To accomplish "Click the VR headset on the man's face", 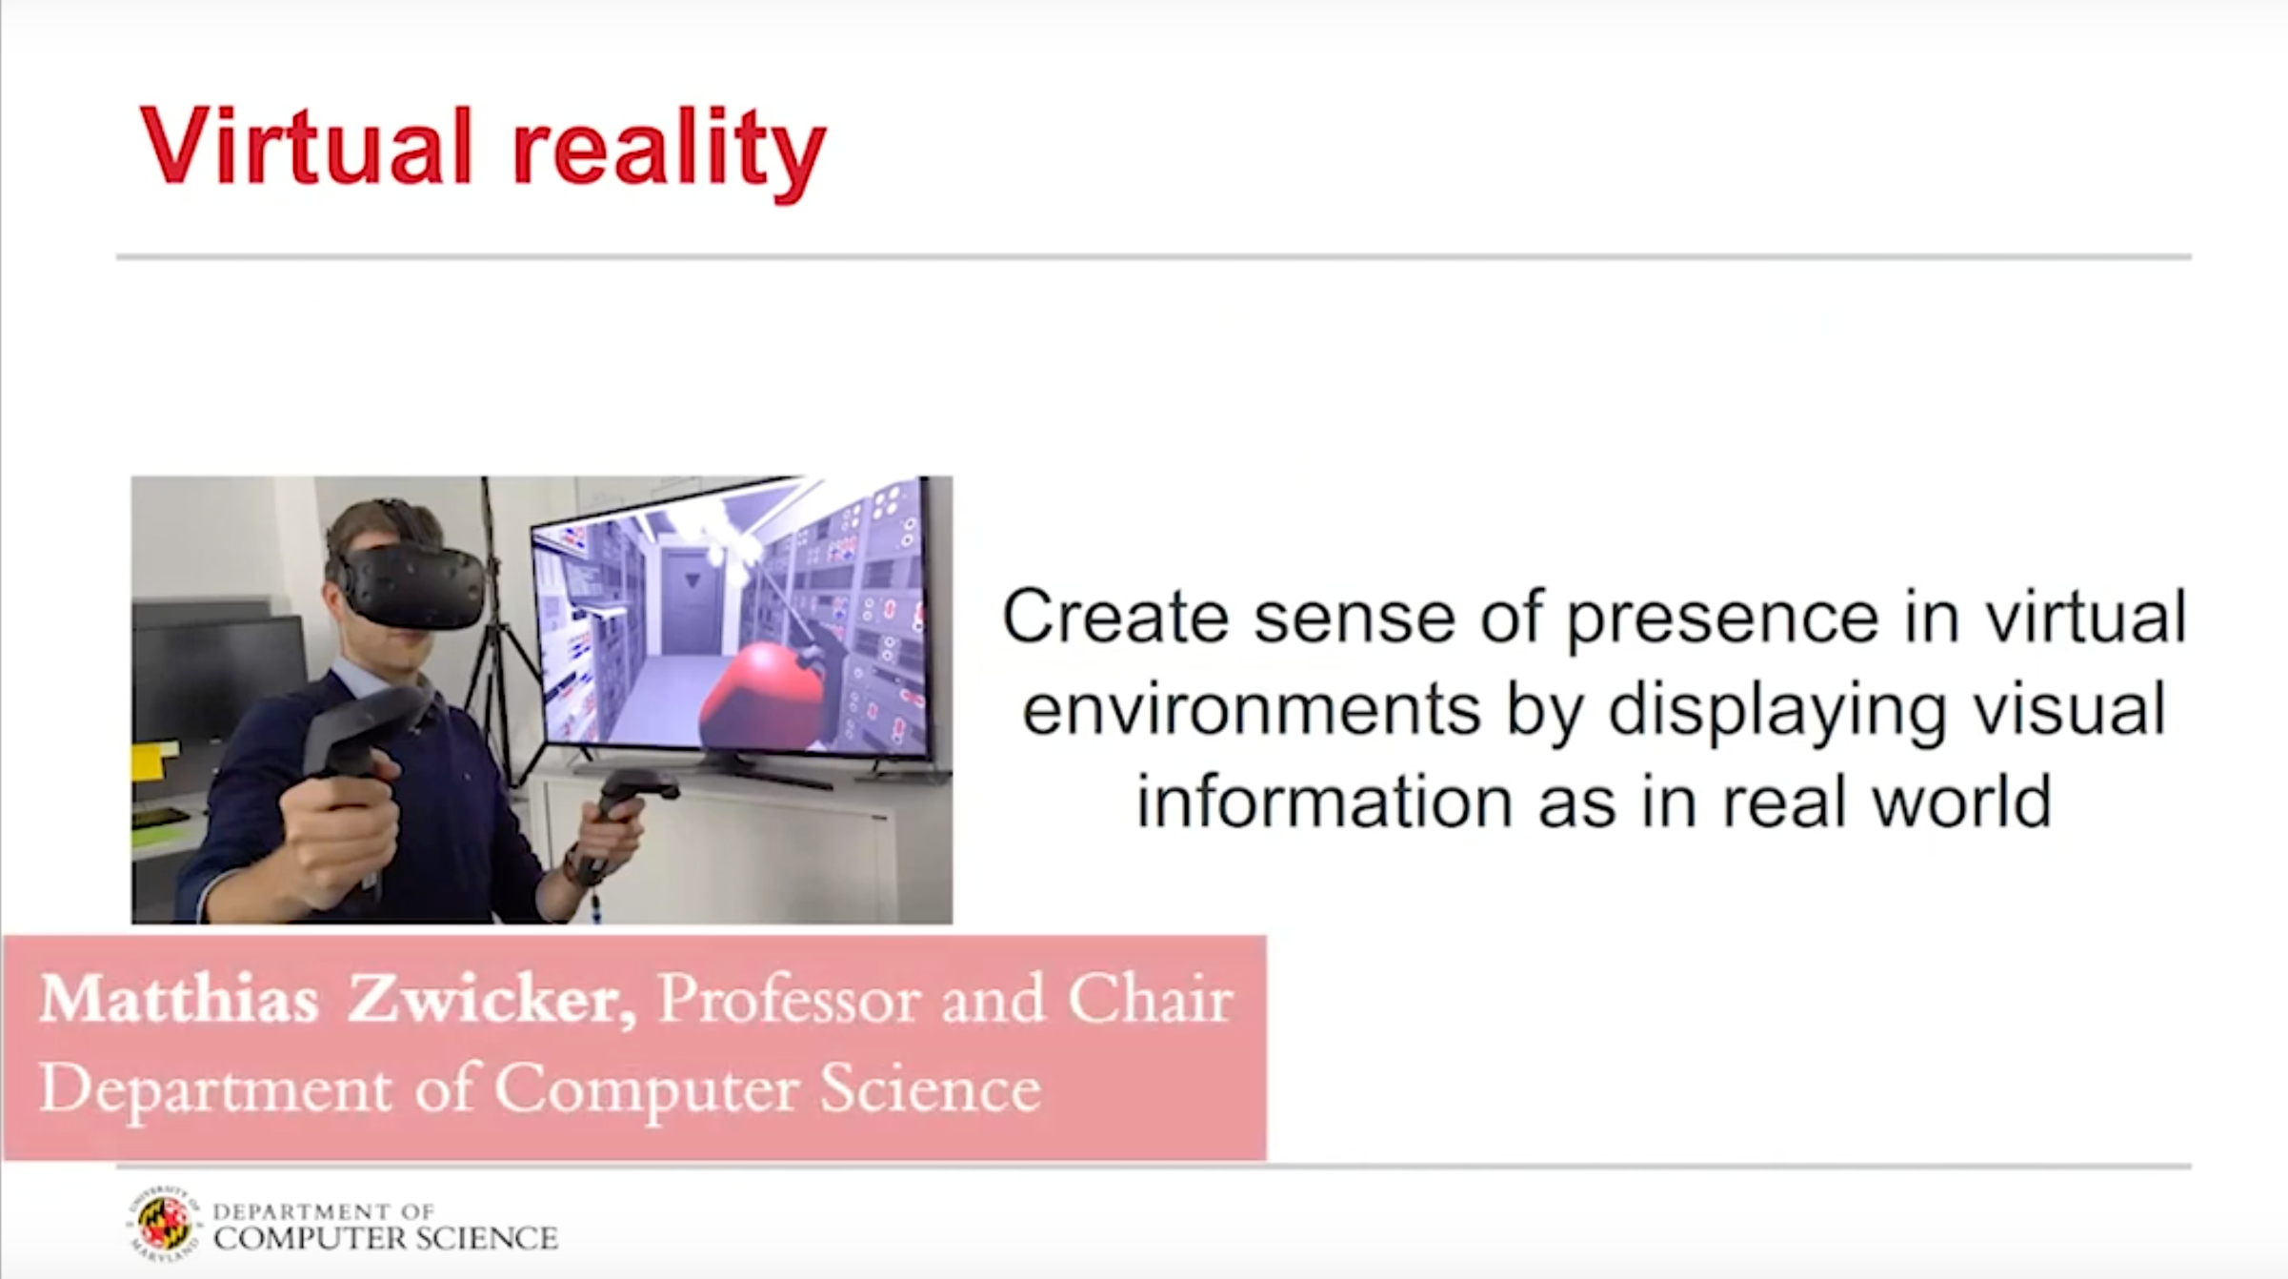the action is pos(410,583).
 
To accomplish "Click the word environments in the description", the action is pos(1251,711).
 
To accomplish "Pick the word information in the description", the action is pos(1324,800).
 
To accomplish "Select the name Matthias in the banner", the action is pos(178,1000).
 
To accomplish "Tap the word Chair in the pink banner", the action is pos(1151,999).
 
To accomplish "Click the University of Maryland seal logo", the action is pos(164,1224).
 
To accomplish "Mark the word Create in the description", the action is pos(1115,618).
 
